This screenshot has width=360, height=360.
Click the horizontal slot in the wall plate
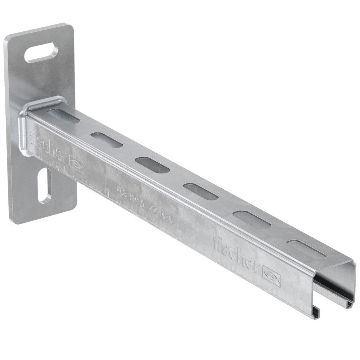coord(41,53)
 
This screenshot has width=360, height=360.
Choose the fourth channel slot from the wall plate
coord(201,191)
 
